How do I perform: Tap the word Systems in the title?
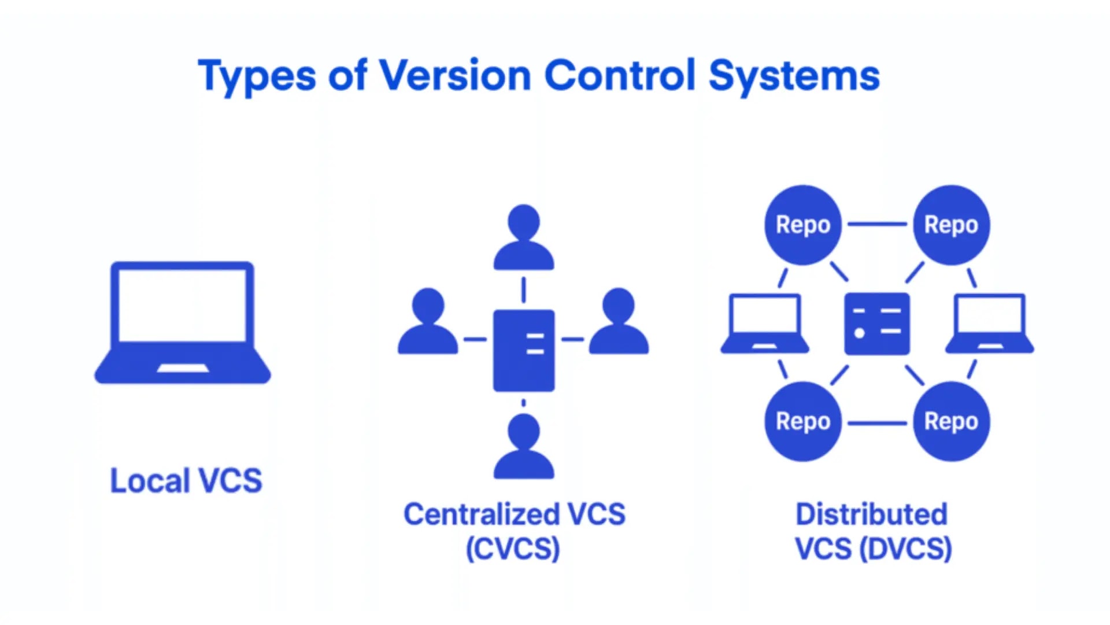coord(794,76)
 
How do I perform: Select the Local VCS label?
coord(186,481)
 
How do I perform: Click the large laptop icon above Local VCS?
coord(183,321)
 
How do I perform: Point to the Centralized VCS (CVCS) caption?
coord(514,531)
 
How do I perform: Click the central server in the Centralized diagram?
coord(524,350)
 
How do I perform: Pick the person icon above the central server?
coord(524,237)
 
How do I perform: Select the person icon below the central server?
coord(524,447)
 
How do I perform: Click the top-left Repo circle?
coord(803,225)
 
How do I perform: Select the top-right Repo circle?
coord(951,225)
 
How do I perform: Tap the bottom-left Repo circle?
coord(803,421)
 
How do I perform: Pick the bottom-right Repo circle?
coord(951,421)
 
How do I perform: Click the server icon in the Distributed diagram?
coord(877,323)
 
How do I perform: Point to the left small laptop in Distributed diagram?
coord(765,324)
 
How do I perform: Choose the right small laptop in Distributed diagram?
coord(990,324)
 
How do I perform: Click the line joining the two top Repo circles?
coord(877,224)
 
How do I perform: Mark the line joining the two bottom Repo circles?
coord(877,423)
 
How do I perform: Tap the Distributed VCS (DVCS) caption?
coord(872,531)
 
